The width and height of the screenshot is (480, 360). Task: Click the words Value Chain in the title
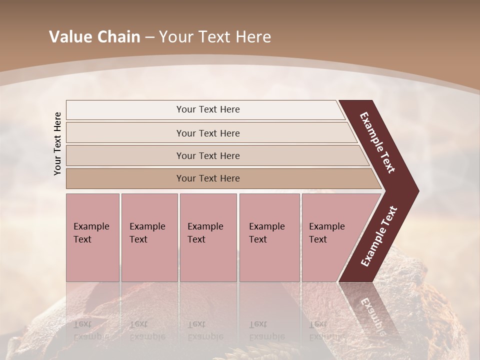[x=94, y=37]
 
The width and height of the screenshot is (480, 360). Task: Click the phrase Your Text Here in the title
[x=215, y=37]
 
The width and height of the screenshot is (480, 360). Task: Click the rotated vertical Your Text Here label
[x=57, y=143]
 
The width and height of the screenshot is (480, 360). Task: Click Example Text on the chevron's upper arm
[x=377, y=142]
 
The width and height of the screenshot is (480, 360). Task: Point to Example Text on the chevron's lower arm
[x=379, y=236]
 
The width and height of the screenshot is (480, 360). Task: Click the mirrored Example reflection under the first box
[x=91, y=336]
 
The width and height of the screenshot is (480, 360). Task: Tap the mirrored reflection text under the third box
[x=205, y=330]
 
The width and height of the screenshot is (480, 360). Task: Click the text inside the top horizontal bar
[x=208, y=109]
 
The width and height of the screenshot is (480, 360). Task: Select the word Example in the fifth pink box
[x=327, y=226]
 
